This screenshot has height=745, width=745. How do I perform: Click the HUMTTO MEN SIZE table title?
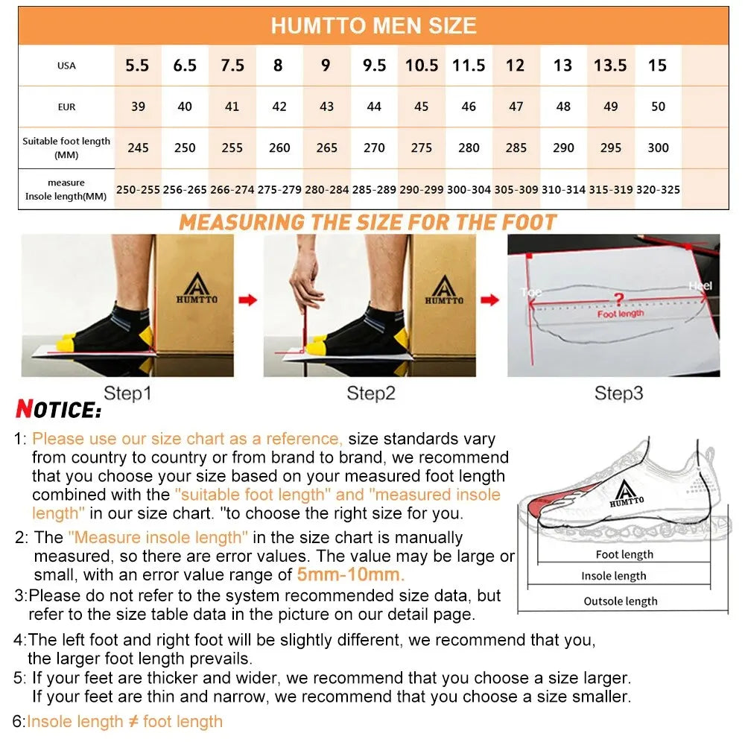point(373,26)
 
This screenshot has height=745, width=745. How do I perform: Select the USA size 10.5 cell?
point(422,66)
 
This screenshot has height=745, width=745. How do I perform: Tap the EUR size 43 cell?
point(326,107)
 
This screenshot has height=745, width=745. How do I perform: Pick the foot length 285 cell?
point(516,148)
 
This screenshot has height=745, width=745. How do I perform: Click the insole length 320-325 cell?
point(658,190)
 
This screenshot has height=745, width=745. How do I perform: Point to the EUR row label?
point(66,107)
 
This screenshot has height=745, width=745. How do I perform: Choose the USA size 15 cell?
point(657,66)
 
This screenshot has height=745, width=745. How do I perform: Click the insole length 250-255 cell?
point(138,190)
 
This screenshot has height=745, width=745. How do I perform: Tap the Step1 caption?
point(127,393)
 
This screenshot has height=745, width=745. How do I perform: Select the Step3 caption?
point(618,393)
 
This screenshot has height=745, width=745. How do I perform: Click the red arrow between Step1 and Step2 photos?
point(248,299)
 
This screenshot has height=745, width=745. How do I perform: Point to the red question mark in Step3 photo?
point(618,299)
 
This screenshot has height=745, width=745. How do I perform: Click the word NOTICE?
point(58,409)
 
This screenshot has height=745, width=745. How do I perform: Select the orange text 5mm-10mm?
point(351,574)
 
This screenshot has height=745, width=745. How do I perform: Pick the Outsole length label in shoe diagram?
point(621,601)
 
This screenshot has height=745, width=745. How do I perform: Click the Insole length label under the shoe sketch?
point(614,576)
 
